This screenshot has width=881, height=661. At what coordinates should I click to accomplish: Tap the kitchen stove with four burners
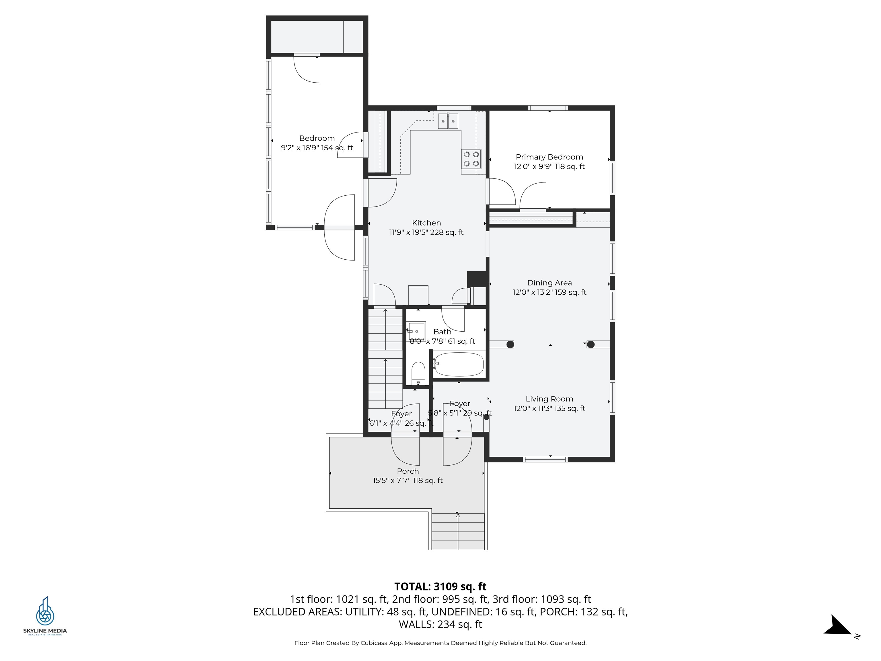(x=471, y=159)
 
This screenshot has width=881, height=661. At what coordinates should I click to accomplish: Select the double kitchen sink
(x=448, y=121)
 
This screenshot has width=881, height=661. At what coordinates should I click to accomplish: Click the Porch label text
(x=408, y=471)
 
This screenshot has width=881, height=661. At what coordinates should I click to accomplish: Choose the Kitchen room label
(x=426, y=223)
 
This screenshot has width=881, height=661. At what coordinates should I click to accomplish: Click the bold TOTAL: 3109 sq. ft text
(x=440, y=586)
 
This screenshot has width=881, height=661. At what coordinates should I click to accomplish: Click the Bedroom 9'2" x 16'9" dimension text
(x=317, y=148)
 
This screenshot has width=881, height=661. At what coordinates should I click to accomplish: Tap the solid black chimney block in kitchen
(x=477, y=279)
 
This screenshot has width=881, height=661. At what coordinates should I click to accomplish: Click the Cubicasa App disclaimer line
(x=440, y=643)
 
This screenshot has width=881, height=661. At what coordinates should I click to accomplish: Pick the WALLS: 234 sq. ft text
(x=440, y=624)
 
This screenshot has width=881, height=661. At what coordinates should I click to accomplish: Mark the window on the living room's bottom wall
(x=545, y=459)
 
